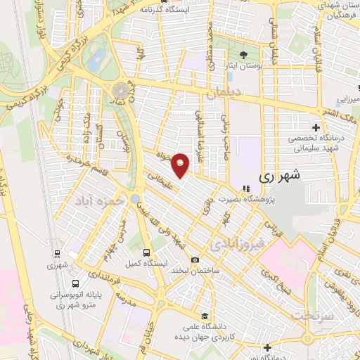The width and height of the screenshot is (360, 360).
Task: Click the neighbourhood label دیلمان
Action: (225, 92)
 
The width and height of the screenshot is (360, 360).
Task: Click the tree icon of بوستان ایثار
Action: (244, 55)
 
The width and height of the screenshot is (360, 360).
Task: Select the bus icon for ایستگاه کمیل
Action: (146, 252)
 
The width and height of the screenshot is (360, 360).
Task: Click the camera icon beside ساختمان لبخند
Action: (195, 260)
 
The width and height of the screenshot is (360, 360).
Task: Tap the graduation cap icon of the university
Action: (204, 315)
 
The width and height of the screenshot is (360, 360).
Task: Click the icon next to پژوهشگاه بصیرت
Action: (245, 188)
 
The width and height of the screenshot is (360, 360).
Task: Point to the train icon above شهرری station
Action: (56, 253)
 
